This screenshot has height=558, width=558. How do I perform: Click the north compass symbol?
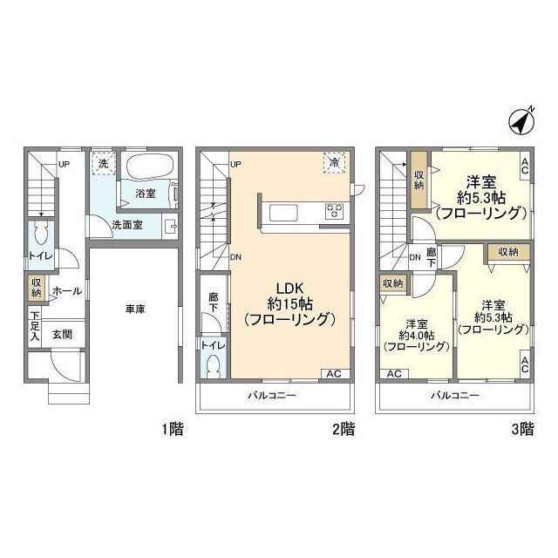(x=521, y=121)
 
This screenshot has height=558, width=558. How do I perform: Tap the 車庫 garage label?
(x=135, y=310)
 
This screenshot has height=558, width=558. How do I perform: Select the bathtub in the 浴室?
(x=149, y=167)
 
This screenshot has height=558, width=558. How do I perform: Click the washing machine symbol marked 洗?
(x=103, y=164)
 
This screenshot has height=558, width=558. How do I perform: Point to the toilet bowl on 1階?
(x=42, y=234)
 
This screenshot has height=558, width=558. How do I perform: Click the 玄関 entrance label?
(x=62, y=335)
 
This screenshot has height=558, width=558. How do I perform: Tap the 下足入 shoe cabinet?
(x=35, y=327)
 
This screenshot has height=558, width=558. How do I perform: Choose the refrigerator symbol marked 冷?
(x=335, y=163)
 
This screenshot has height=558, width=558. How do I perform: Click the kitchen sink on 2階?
(x=283, y=213)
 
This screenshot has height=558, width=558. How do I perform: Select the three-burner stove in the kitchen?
(x=335, y=211)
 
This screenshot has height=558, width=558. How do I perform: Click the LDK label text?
(x=290, y=289)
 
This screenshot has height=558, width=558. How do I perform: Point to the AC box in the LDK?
(x=335, y=374)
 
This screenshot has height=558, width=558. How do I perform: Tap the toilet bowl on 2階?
(x=214, y=366)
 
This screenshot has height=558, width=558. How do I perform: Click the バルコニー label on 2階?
(x=272, y=395)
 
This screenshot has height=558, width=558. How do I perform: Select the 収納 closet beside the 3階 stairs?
(x=419, y=180)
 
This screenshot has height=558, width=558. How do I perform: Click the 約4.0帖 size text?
(x=417, y=336)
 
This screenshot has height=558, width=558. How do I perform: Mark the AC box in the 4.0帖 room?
(x=394, y=374)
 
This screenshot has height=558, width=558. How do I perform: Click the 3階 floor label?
(x=523, y=430)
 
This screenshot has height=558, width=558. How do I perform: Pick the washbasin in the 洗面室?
(x=170, y=226)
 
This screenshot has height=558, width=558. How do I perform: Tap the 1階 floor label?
(x=173, y=430)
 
